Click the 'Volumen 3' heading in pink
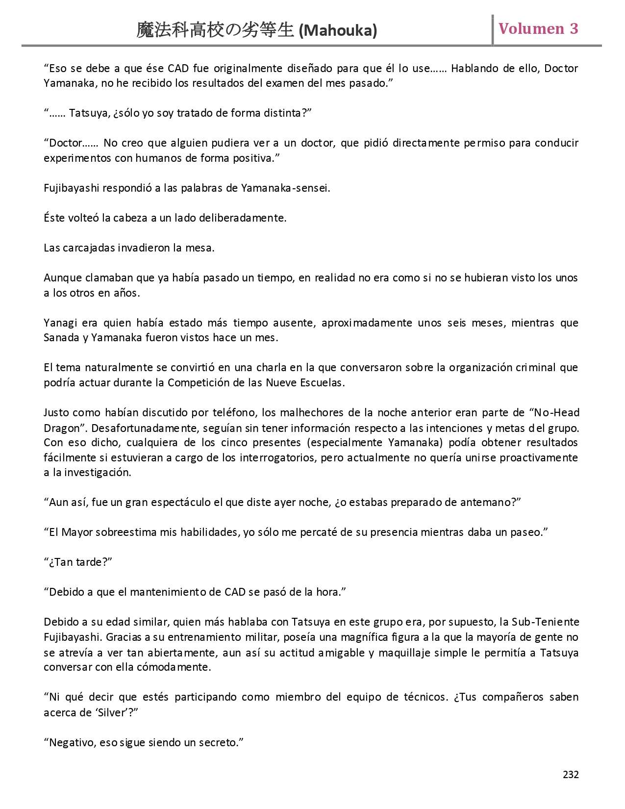(538, 29)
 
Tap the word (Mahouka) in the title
(338, 31)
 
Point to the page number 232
(571, 775)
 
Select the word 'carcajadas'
(89, 248)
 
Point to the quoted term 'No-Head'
(556, 413)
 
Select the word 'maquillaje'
(393, 653)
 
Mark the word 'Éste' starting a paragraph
(54, 218)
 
